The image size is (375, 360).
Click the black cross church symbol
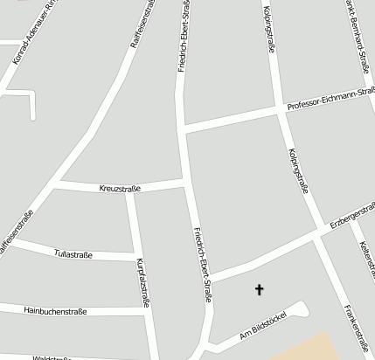click(x=259, y=288)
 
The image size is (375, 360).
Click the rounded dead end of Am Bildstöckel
click(x=302, y=307)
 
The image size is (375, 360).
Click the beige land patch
click(x=323, y=347)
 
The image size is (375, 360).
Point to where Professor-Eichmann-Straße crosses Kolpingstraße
click(x=281, y=109)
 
